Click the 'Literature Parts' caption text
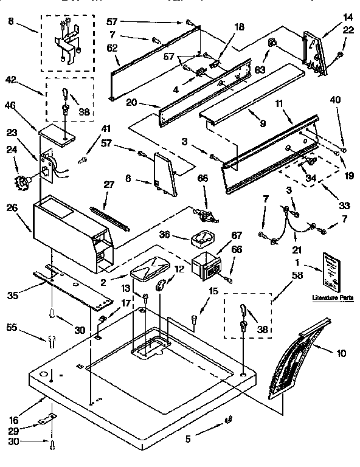pos(332,297)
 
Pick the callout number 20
pos(131,103)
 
